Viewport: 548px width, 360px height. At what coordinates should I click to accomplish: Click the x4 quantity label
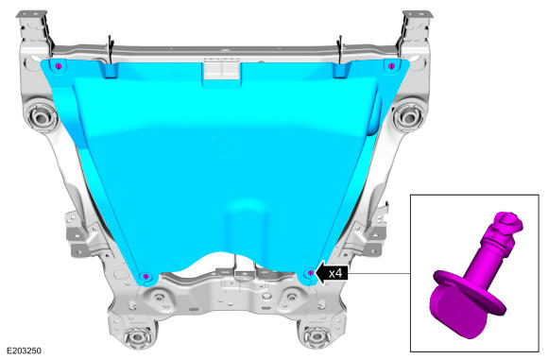[x=335, y=273]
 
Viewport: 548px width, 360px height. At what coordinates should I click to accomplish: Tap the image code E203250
[x=25, y=351]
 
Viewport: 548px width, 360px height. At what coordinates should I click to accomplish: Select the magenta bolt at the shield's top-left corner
[x=59, y=66]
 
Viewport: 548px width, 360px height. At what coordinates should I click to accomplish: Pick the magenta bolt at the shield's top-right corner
[x=392, y=65]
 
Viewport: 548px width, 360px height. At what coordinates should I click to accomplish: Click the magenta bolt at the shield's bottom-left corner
[x=146, y=277]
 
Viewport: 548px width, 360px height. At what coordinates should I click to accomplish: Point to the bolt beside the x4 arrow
[x=311, y=273]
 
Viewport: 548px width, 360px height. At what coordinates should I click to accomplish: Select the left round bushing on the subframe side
[x=41, y=115]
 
